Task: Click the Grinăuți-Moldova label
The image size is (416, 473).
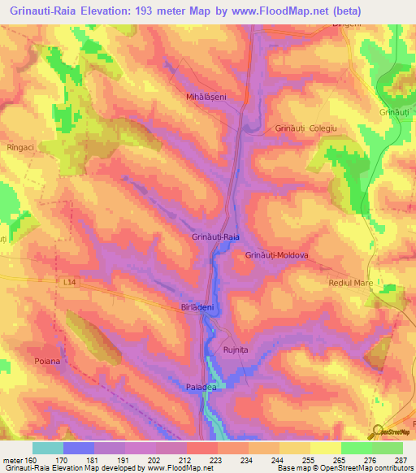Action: [x=277, y=254]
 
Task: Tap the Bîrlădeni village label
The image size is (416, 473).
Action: [x=197, y=308]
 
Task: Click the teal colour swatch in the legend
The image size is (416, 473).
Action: [x=47, y=448]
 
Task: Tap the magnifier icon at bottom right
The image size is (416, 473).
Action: [x=377, y=432]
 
